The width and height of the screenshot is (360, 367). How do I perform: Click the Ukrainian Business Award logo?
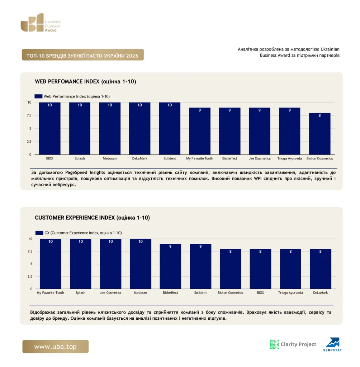click(41, 23)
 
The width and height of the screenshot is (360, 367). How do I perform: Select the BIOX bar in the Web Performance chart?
click(49, 129)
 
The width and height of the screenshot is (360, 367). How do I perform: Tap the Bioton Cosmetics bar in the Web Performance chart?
click(320, 134)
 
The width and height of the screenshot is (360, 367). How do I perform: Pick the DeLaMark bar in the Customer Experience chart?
click(321, 269)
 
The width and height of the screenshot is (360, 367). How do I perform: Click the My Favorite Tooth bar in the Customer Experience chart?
click(51, 264)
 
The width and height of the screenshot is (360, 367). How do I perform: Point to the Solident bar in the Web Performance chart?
click(170, 129)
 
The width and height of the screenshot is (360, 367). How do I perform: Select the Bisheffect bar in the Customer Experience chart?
click(170, 266)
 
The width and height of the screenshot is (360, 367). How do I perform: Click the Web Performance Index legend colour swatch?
click(38, 96)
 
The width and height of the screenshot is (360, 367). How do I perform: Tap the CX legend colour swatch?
click(39, 233)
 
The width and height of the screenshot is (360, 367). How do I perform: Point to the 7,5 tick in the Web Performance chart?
click(29, 115)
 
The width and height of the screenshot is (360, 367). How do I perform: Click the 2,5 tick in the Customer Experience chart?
click(30, 276)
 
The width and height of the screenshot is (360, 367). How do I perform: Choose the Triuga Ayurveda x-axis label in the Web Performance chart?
click(289, 158)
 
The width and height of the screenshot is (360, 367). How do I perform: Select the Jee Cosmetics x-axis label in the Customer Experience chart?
click(110, 292)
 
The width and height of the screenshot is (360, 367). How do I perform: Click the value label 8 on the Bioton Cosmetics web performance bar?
click(319, 115)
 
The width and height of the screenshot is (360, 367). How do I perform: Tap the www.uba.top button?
click(56, 347)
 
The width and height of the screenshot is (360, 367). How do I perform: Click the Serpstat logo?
click(333, 344)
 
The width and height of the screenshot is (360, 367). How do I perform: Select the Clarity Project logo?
click(293, 344)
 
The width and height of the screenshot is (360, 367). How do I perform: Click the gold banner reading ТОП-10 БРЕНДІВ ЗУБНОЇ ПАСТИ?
click(83, 55)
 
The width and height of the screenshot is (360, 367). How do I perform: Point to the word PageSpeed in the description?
click(76, 172)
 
